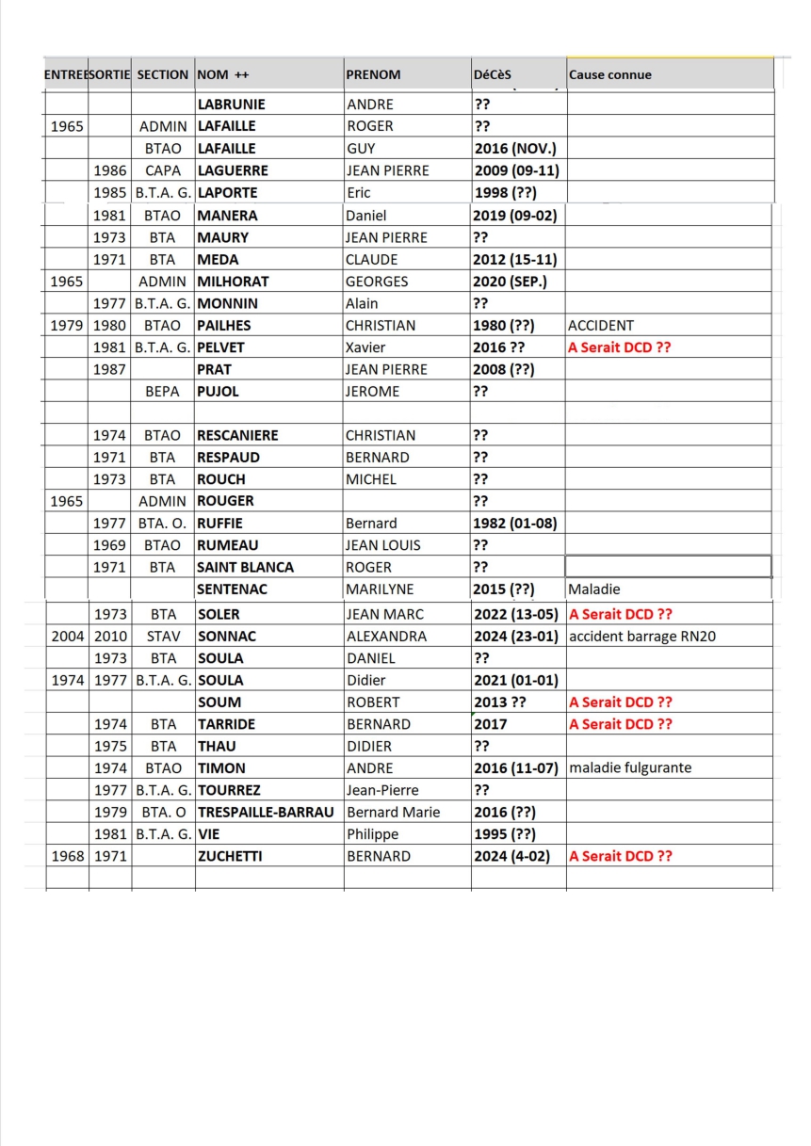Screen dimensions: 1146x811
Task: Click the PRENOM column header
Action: pyautogui.click(x=373, y=74)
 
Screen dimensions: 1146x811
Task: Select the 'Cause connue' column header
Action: pyautogui.click(x=609, y=74)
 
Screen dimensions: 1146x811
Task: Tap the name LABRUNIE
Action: pyautogui.click(x=231, y=105)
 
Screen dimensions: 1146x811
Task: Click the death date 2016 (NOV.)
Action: pyautogui.click(x=515, y=149)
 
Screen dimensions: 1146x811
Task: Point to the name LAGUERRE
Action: pyautogui.click(x=233, y=170)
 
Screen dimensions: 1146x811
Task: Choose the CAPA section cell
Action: pyautogui.click(x=163, y=170)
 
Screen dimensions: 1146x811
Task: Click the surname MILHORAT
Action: pyautogui.click(x=233, y=282)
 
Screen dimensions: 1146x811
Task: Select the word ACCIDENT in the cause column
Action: pyautogui.click(x=601, y=326)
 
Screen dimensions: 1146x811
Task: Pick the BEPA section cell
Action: pyautogui.click(x=163, y=391)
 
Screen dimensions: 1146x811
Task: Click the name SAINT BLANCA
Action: pyautogui.click(x=245, y=567)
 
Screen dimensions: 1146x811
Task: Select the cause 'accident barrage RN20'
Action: pyautogui.click(x=642, y=636)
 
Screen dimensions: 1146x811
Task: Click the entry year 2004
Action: pyautogui.click(x=66, y=636)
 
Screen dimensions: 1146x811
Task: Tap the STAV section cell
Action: pyautogui.click(x=163, y=636)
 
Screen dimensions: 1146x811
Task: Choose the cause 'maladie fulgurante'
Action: pyautogui.click(x=630, y=767)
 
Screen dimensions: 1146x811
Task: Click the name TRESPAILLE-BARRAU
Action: pyautogui.click(x=266, y=812)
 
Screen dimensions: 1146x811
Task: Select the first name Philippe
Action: pyautogui.click(x=372, y=833)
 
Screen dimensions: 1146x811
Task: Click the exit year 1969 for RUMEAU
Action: pyautogui.click(x=109, y=545)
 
